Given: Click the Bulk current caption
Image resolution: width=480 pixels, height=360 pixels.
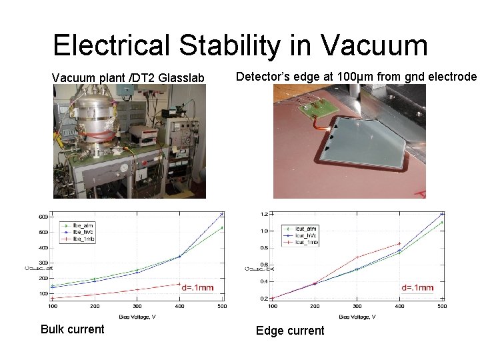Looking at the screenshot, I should click(72, 329).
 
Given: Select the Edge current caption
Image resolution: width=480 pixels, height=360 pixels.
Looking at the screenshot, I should click(290, 330).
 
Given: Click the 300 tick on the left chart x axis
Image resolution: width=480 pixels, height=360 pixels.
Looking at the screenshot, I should click(137, 306).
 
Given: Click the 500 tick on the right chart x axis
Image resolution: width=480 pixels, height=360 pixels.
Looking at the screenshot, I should click(442, 306).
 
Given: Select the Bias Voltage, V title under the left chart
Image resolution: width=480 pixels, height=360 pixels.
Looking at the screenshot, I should click(137, 315).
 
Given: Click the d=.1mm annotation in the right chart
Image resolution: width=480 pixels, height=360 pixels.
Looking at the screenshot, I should click(417, 287).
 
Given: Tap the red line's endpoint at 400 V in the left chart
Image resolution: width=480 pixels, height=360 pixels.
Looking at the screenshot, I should click(179, 284).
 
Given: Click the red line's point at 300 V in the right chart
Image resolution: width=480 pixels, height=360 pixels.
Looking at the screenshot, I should click(357, 257).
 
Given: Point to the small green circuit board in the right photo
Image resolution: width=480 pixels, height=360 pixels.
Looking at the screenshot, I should click(313, 106).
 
